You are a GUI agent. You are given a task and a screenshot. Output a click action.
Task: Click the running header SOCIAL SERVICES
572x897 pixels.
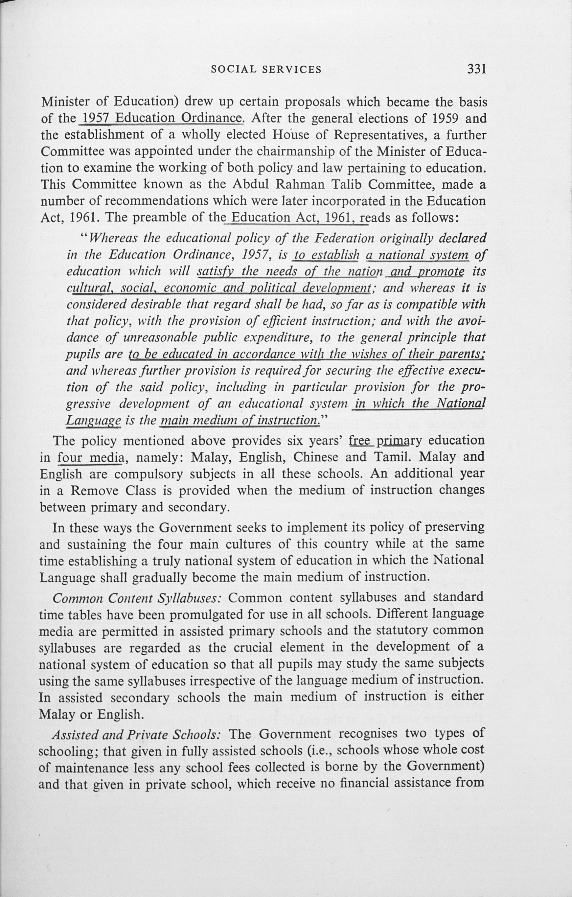tap(266, 70)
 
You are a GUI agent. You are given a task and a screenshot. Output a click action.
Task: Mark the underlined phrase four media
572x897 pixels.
tap(90, 457)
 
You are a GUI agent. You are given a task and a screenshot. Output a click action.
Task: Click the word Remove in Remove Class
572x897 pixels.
tap(94, 491)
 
